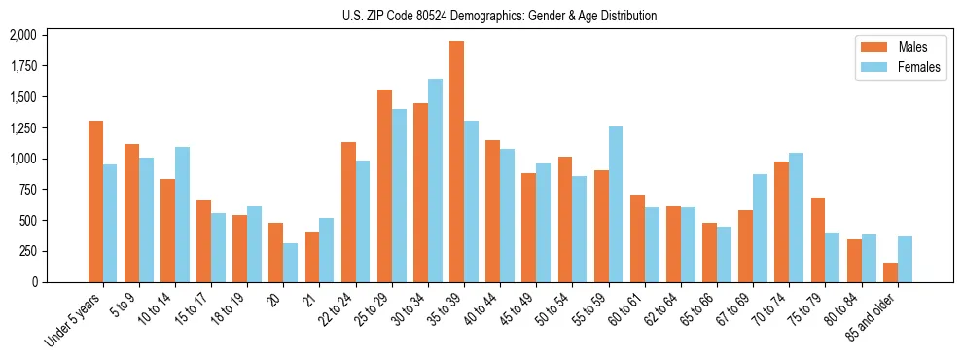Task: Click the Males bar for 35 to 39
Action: point(456,162)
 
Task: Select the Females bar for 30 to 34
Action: point(435,181)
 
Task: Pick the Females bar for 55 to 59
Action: point(615,204)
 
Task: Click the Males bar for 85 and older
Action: point(890,272)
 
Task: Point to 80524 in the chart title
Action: point(422,16)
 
